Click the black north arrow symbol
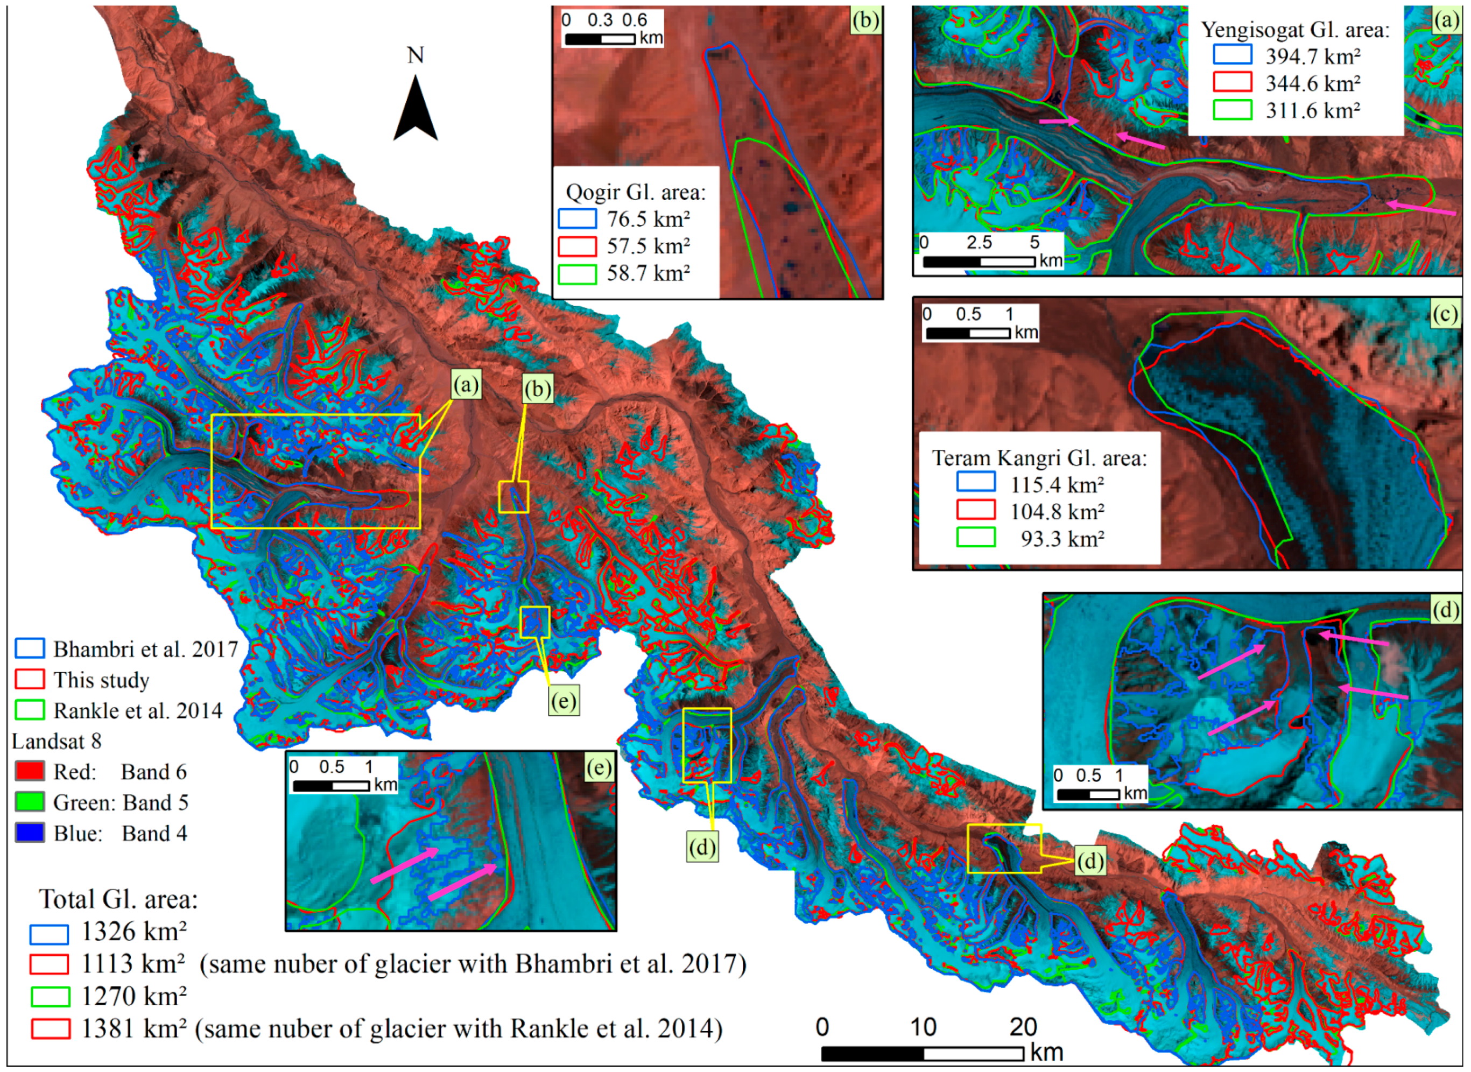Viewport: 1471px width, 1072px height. pos(416,110)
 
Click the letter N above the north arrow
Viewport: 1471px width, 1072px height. pos(416,55)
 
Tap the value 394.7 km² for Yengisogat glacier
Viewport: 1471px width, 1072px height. pos(1312,57)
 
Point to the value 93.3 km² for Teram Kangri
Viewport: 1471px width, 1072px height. pos(1062,539)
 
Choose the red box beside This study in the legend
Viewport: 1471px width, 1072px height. pos(29,679)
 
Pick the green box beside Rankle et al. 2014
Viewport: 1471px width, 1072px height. pos(29,710)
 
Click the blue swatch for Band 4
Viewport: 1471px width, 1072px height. pos(29,833)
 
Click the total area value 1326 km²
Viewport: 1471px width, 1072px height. pos(133,932)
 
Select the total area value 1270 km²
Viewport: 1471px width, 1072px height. pos(133,996)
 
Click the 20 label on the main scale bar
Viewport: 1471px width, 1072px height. pos(1023,1027)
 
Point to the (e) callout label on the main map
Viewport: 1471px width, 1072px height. pos(562,701)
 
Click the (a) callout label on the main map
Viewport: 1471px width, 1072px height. pos(466,385)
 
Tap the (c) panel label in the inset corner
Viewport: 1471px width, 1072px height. pos(1446,314)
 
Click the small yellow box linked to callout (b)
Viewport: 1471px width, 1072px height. pos(513,498)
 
